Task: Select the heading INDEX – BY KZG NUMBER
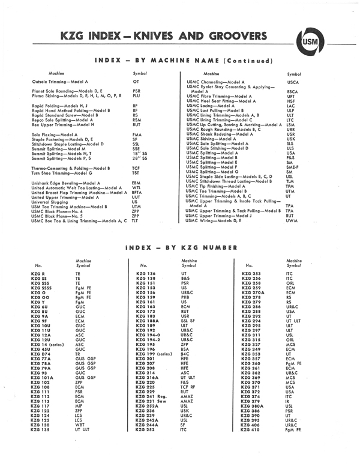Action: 179,247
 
